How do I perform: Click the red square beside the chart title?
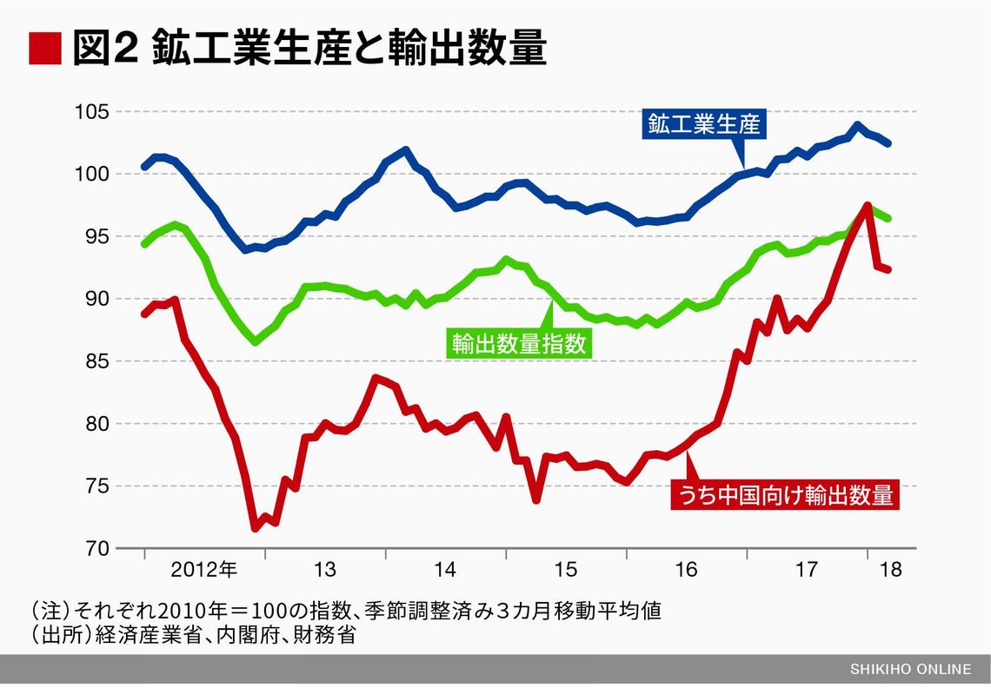[45, 49]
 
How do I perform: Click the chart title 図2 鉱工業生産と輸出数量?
[308, 50]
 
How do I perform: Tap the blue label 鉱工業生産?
[702, 124]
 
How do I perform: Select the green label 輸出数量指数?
[519, 343]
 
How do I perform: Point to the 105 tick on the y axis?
[90, 112]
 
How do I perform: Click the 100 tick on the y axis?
[90, 175]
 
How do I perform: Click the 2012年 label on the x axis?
[203, 571]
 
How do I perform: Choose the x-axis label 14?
[445, 571]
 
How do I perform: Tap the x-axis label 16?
[686, 571]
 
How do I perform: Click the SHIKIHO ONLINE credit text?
[911, 669]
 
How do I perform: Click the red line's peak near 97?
[868, 206]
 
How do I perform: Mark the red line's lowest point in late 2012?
[255, 527]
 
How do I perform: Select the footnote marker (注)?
[49, 611]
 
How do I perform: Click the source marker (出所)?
[55, 635]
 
